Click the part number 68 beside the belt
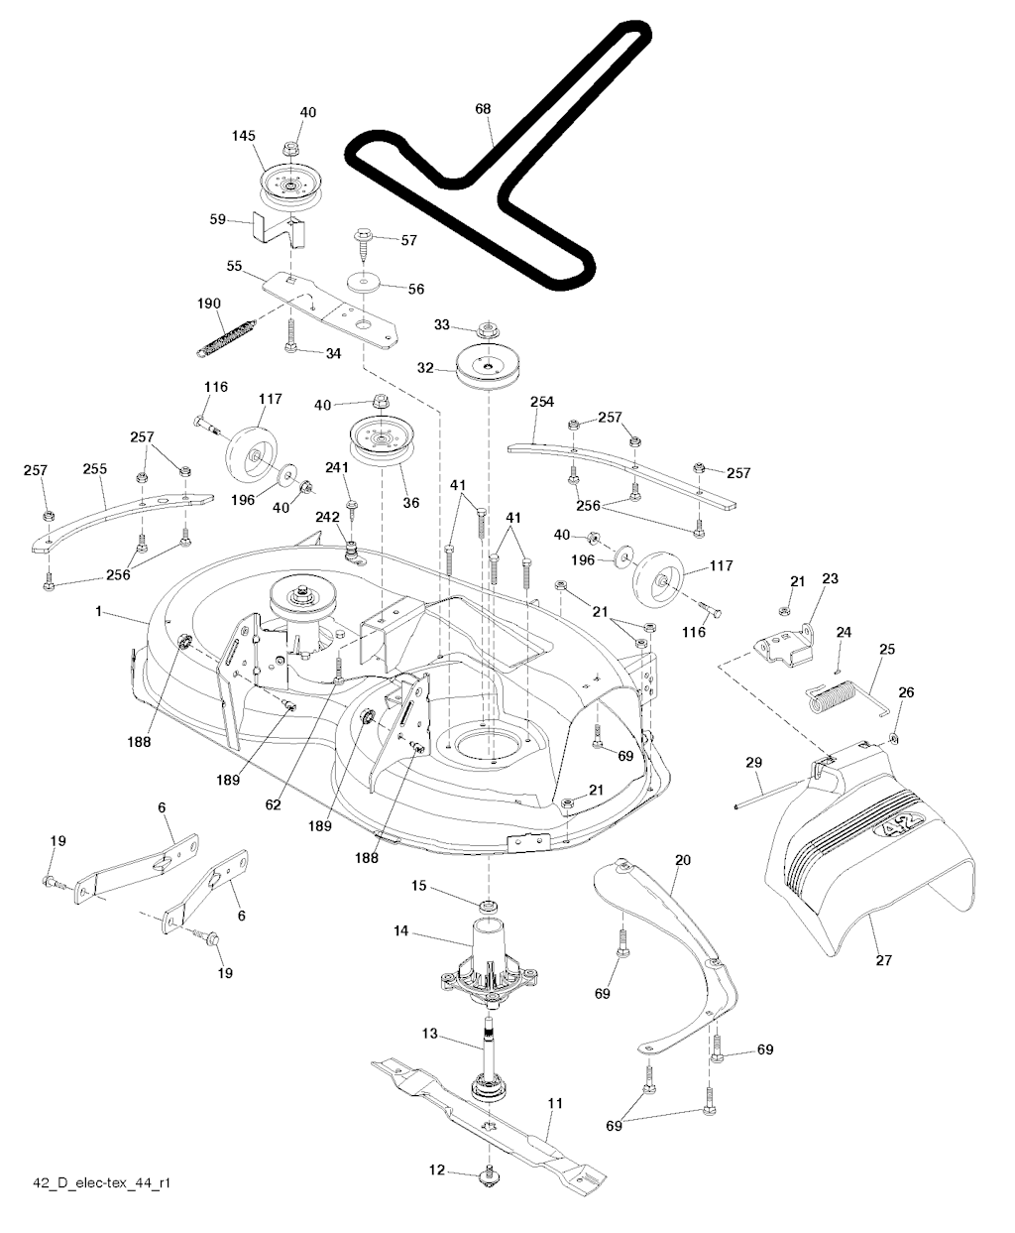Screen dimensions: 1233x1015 (483, 109)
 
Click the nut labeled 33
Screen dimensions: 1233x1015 (487, 328)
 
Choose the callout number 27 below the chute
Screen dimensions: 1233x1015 (884, 960)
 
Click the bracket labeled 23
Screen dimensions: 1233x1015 (783, 647)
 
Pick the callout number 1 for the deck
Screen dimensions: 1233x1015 (99, 612)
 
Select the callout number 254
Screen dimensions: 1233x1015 (541, 401)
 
